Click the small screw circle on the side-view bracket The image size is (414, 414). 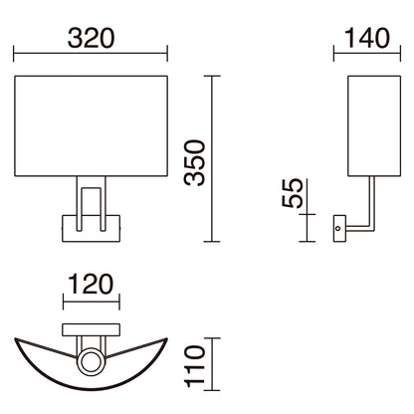338,230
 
